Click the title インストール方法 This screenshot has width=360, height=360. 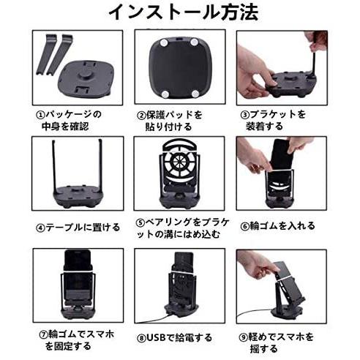[184, 12]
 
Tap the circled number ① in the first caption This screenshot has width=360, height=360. [40, 115]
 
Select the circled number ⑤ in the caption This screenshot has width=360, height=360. [140, 223]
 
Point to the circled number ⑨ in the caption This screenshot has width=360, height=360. [244, 338]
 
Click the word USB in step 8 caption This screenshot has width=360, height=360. [157, 338]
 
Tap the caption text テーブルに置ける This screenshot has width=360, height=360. [83, 228]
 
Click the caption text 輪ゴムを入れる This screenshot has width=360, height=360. [282, 226]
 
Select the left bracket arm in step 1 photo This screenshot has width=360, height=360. [46, 54]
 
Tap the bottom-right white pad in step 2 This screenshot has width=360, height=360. [195, 94]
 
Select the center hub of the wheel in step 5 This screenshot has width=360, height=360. [179, 162]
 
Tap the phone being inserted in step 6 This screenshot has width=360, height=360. [282, 156]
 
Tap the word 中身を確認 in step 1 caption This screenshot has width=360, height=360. [65, 127]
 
